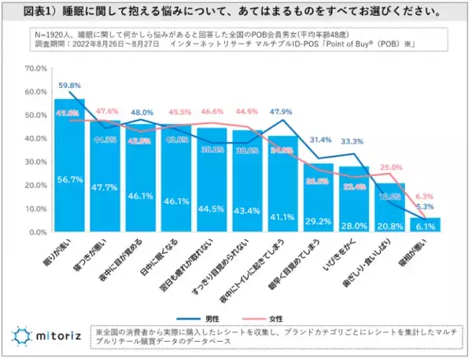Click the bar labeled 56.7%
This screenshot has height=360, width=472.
click(x=69, y=166)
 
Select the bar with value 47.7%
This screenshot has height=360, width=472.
click(x=105, y=177)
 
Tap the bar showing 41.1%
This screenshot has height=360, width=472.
click(x=283, y=185)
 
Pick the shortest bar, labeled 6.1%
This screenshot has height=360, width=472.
click(x=426, y=226)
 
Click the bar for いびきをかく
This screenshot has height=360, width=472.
click(x=355, y=200)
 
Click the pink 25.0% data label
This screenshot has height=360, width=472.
click(x=390, y=167)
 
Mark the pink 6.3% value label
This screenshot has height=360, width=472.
click(x=426, y=197)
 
